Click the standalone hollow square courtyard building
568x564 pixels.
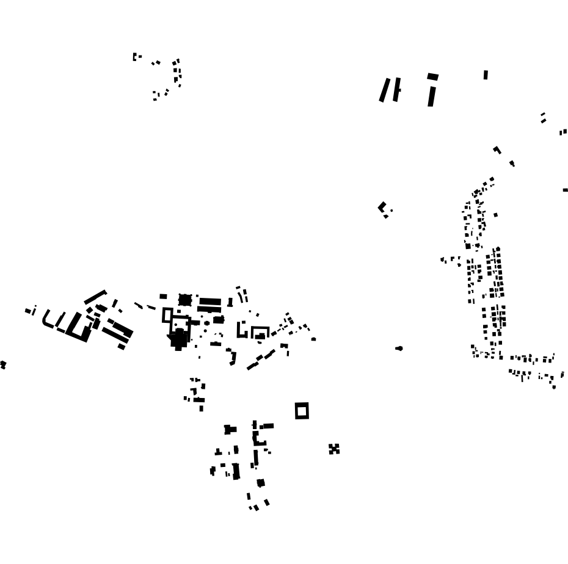302,411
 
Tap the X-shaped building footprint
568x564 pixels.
334,449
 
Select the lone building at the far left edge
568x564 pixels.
2,364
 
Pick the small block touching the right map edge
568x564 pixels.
565,190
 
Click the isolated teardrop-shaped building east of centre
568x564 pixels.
399,349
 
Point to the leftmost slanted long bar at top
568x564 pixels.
385,90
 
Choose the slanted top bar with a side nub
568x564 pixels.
397,89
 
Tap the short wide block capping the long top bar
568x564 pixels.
433,76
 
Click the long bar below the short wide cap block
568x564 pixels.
432,96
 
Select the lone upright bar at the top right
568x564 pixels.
486,75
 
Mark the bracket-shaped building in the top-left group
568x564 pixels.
136,57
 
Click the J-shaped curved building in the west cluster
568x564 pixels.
47,320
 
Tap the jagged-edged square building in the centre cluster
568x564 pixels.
184,300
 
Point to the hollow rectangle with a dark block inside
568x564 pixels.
260,333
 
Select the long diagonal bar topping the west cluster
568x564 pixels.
95,297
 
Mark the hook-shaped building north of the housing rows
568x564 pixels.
497,150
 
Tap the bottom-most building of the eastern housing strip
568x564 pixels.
554,387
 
